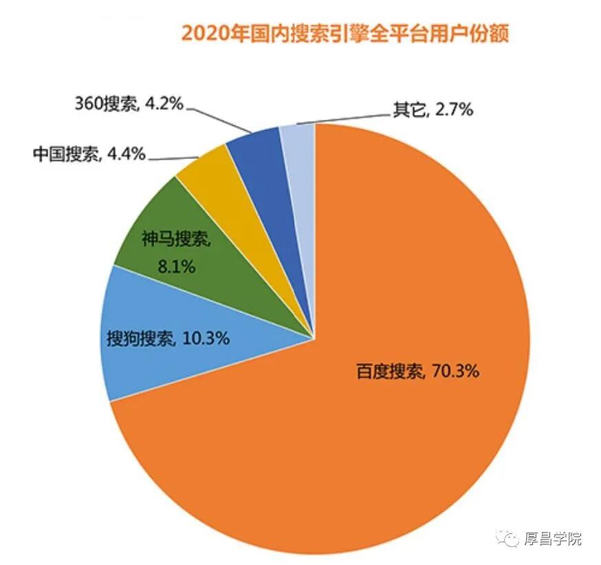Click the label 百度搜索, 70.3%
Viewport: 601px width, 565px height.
coord(417,372)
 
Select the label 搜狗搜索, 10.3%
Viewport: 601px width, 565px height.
coord(168,339)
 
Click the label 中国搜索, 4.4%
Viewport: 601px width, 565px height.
coord(89,154)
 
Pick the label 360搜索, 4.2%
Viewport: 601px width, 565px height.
coord(129,105)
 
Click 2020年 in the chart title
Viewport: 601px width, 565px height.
coord(205,33)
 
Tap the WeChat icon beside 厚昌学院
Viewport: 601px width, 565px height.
coord(510,539)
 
